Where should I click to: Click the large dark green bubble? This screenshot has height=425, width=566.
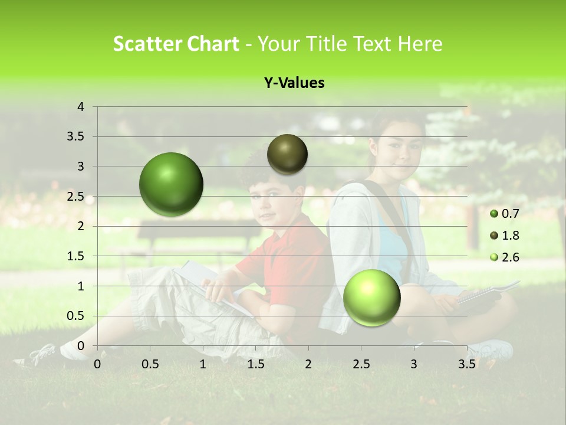pyautogui.click(x=172, y=184)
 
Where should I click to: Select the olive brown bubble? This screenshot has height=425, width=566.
pyautogui.click(x=287, y=154)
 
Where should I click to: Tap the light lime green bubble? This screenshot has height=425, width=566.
pyautogui.click(x=371, y=297)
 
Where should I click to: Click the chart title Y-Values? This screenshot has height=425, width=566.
pyautogui.click(x=294, y=83)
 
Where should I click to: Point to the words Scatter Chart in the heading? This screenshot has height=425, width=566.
pyautogui.click(x=176, y=44)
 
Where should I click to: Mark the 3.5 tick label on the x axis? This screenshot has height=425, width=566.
pyautogui.click(x=466, y=364)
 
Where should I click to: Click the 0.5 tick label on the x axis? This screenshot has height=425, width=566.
pyautogui.click(x=150, y=364)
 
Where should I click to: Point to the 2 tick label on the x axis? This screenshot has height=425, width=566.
pyautogui.click(x=308, y=364)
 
